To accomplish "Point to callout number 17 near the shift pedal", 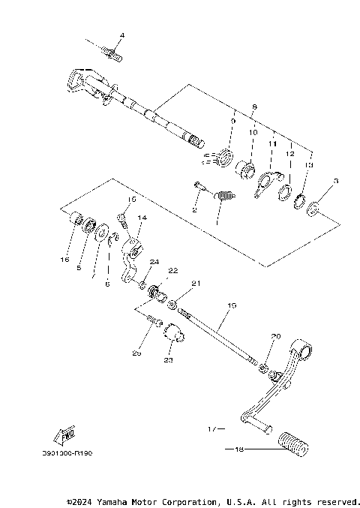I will point(211,429).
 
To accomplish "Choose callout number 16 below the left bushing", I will point(65,259).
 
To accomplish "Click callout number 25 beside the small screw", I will point(136,351).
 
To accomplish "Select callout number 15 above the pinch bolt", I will point(132,200).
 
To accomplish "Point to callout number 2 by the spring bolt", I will point(193,210).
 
